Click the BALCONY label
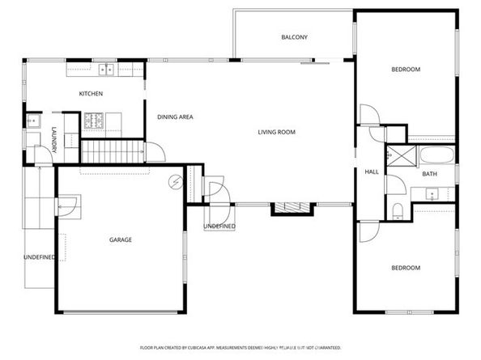click(x=294, y=37)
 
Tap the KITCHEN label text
click(x=91, y=95)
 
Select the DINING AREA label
click(x=174, y=117)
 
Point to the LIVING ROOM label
click(x=275, y=133)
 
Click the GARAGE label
click(x=121, y=239)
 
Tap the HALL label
click(x=372, y=172)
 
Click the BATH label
click(x=429, y=175)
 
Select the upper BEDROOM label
click(x=406, y=70)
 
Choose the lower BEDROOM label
click(x=406, y=268)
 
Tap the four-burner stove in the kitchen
click(x=94, y=122)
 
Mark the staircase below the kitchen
click(x=113, y=150)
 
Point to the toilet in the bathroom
click(x=397, y=212)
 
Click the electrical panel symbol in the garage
click(x=174, y=182)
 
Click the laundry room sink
click(x=33, y=121)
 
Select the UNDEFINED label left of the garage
click(x=38, y=257)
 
